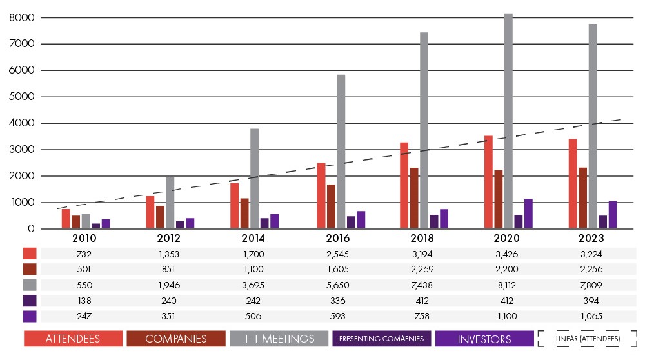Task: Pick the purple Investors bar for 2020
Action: pos(528,214)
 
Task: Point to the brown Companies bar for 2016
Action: pos(331,206)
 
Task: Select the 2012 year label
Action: pos(169,238)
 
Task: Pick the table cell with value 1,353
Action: pos(169,254)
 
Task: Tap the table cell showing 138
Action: pos(84,301)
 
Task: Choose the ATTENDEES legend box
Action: pos(73,339)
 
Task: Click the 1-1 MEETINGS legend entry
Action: pos(279,339)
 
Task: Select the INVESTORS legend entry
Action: pos(484,339)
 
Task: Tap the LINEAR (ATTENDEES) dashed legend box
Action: pos(587,339)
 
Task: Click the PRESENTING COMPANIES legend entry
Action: pos(382,339)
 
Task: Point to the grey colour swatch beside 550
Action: pos(30,285)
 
